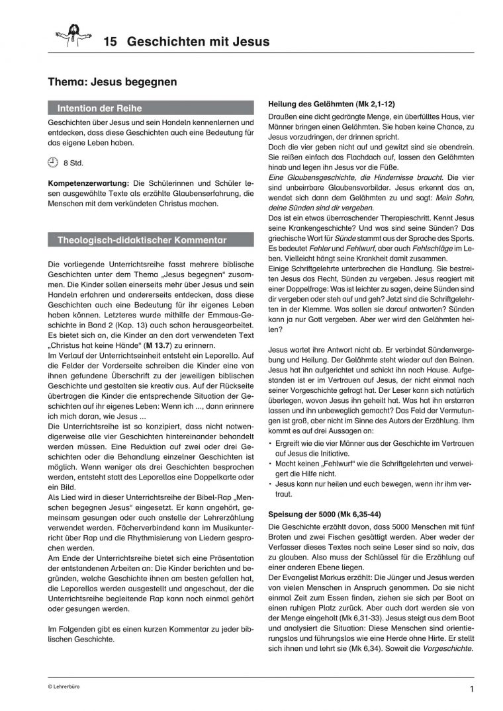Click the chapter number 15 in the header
click(x=111, y=42)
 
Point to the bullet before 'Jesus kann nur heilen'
click(x=271, y=485)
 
